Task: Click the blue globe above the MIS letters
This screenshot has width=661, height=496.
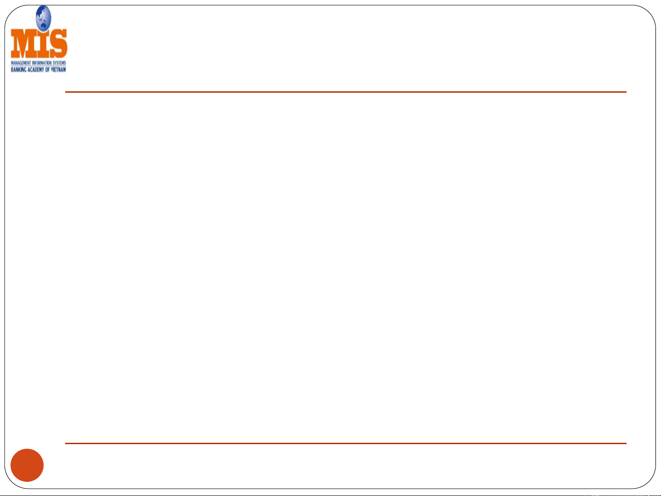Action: (43, 17)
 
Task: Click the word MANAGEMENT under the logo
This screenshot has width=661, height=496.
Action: (20, 63)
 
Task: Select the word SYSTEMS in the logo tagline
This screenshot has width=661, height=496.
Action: (59, 63)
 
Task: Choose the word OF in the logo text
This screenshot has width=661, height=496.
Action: (47, 69)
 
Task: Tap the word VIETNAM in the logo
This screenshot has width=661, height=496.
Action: (58, 69)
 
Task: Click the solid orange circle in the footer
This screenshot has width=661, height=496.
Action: (28, 465)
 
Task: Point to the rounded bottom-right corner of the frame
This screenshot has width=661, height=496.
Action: (648, 481)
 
